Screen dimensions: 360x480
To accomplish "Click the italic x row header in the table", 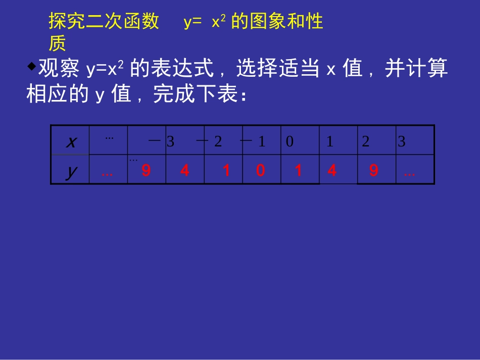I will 71,142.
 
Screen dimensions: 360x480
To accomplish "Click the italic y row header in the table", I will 71,172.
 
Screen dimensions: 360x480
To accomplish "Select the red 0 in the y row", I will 260,171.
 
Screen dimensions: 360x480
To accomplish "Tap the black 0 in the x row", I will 290,142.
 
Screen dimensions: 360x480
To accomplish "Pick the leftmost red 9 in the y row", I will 146,171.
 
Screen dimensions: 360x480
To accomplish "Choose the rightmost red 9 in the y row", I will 373,171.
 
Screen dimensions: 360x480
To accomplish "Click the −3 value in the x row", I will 162,142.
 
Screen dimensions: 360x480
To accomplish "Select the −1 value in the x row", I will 254,142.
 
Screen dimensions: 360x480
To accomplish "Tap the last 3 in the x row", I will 402,142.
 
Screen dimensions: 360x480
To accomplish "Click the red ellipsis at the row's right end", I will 410,173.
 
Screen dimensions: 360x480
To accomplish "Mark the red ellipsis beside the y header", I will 107,173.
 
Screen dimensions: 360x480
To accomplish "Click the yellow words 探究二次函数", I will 104,22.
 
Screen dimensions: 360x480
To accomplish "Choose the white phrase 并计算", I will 416,69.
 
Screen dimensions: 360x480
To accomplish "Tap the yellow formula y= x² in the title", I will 205,22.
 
